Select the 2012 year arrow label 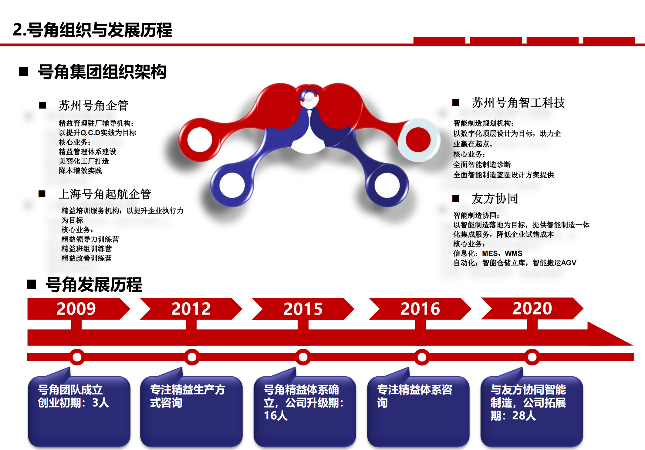[x=191, y=309]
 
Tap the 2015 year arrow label [x=303, y=309]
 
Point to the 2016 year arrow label [x=420, y=309]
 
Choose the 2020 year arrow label [x=532, y=308]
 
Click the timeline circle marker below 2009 [x=77, y=357]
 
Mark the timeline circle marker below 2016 [x=422, y=357]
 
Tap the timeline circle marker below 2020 [x=532, y=357]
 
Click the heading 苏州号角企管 [x=93, y=106]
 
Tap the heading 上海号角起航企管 [x=105, y=194]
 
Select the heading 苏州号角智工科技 [x=518, y=103]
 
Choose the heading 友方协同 [x=495, y=199]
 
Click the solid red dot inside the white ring [x=418, y=139]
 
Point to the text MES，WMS [x=502, y=253]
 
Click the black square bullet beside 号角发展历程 [x=32, y=284]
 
